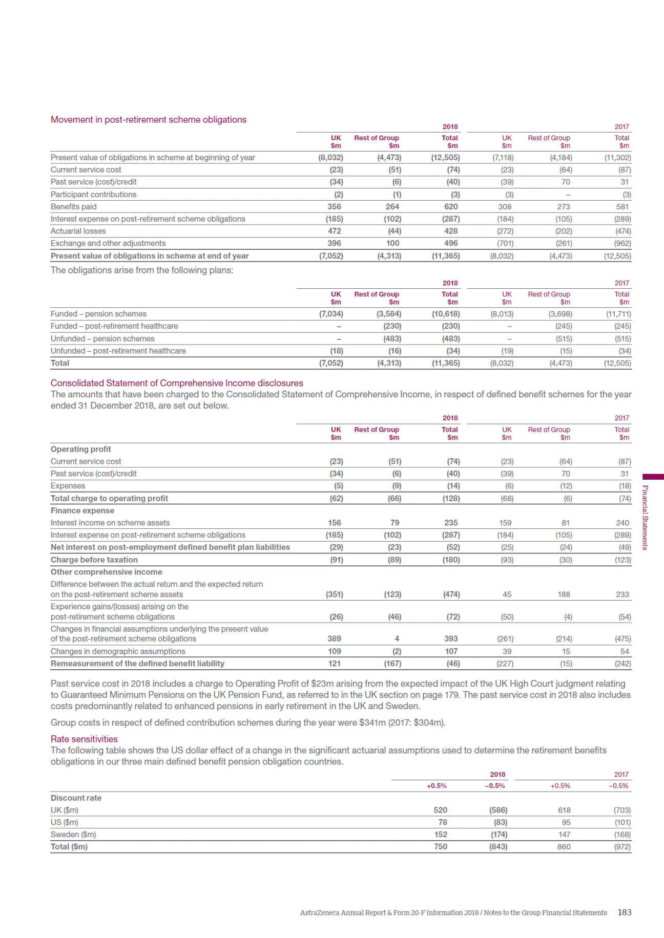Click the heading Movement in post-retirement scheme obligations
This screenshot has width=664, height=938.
pyautogui.click(x=148, y=120)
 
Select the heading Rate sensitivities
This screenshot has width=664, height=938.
pyautogui.click(x=84, y=739)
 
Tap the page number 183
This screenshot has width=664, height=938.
pyautogui.click(x=625, y=912)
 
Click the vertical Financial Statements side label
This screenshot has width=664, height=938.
pyautogui.click(x=645, y=517)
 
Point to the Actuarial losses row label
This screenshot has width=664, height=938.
pyautogui.click(x=78, y=231)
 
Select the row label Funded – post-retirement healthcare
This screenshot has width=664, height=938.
pyautogui.click(x=114, y=326)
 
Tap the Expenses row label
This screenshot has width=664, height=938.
pyautogui.click(x=68, y=486)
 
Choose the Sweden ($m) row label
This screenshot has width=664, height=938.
pyautogui.click(x=73, y=835)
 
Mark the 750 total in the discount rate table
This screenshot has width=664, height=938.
pyautogui.click(x=440, y=847)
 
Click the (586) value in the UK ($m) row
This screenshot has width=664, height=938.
pyautogui.click(x=498, y=810)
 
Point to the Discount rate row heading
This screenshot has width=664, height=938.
pyautogui.click(x=76, y=798)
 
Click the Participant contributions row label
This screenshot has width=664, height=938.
pyautogui.click(x=93, y=195)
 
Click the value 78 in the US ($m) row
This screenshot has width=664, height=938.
pyautogui.click(x=443, y=822)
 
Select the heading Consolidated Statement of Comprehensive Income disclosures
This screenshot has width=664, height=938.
pyautogui.click(x=177, y=383)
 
